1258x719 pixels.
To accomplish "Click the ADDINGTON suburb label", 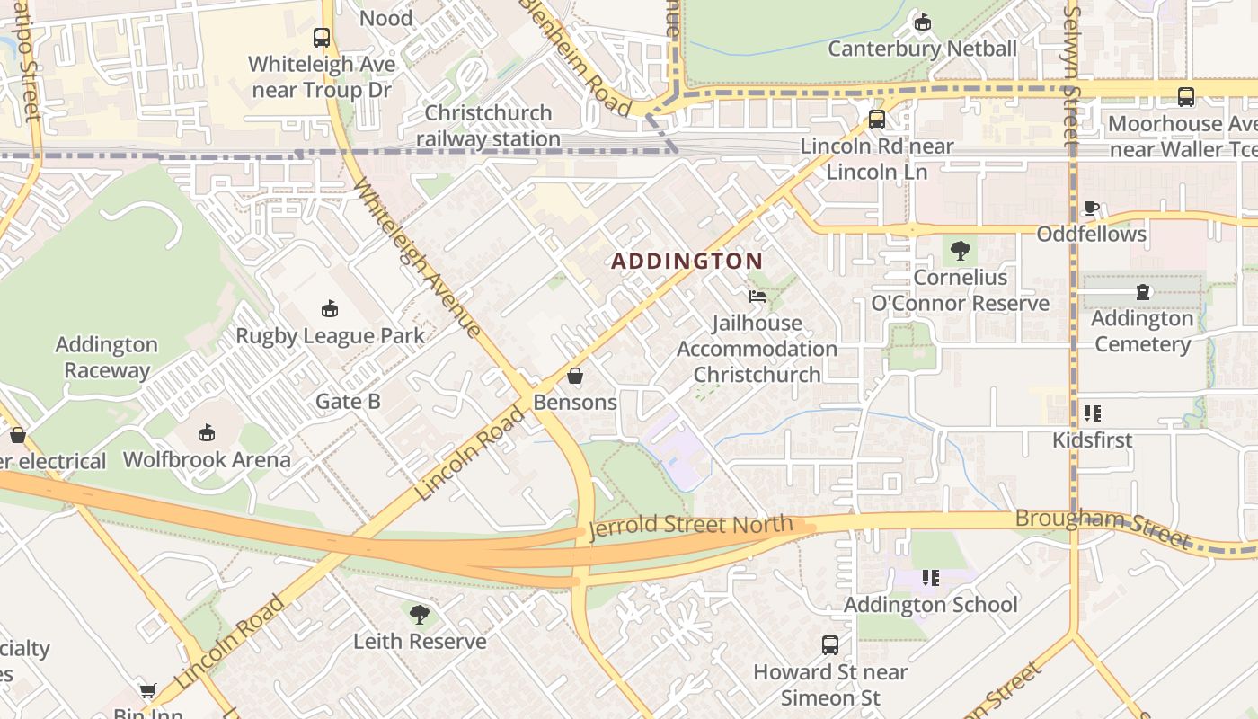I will click(x=687, y=262).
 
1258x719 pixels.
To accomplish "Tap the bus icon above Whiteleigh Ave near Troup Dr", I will click(x=322, y=38).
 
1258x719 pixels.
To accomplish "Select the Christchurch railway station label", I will click(x=488, y=126).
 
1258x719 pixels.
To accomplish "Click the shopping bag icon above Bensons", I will click(x=575, y=376).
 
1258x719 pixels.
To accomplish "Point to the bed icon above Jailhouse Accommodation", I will click(x=757, y=296).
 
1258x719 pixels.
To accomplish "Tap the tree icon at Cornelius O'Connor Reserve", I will click(x=960, y=250).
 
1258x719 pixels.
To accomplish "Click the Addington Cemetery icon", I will click(x=1143, y=292).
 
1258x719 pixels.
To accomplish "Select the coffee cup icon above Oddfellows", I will click(x=1092, y=208).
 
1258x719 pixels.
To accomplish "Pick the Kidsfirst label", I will click(x=1092, y=440).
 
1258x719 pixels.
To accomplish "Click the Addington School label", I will click(x=930, y=605).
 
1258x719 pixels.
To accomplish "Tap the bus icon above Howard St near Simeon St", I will click(x=830, y=644).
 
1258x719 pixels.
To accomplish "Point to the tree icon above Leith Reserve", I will click(x=419, y=615).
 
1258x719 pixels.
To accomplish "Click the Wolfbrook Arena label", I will click(x=207, y=460).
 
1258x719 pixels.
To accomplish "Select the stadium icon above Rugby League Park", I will click(x=330, y=309).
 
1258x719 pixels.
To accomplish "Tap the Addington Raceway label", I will click(x=106, y=357).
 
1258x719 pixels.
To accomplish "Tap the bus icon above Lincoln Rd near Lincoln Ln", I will click(x=876, y=120).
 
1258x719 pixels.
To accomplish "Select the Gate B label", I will click(x=348, y=402).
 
